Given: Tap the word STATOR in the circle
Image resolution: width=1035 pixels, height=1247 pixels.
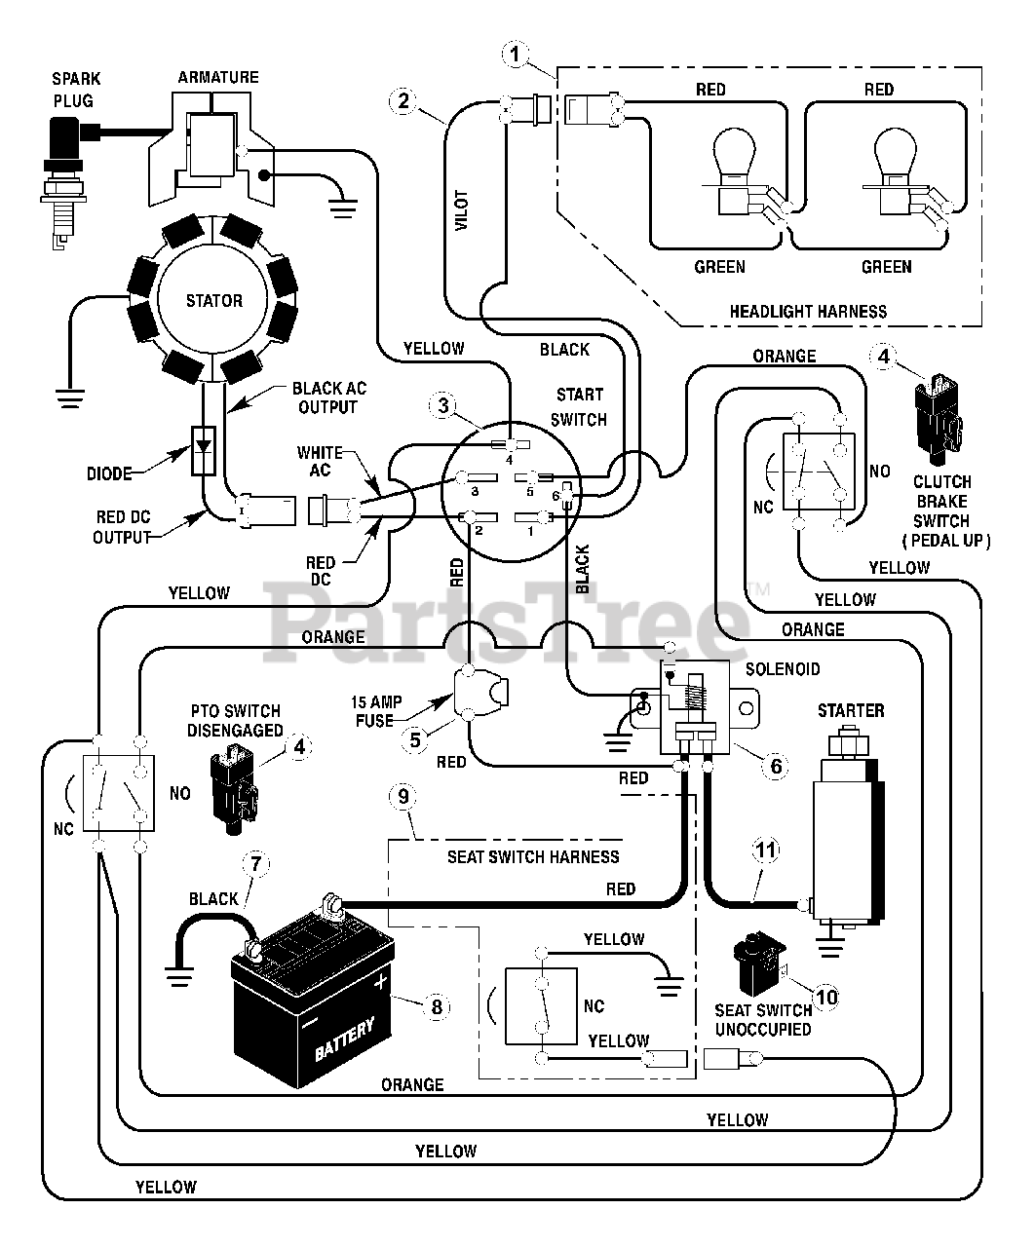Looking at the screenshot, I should [213, 300].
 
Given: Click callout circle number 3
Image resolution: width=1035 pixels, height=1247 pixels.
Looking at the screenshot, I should [443, 404].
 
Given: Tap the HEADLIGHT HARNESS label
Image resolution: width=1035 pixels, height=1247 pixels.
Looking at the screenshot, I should [808, 312].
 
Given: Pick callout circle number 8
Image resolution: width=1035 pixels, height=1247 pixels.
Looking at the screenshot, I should [436, 1005].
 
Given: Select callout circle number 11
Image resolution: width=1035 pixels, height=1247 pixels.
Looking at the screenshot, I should [766, 850].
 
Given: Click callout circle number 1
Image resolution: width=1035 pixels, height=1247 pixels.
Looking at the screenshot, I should [514, 54].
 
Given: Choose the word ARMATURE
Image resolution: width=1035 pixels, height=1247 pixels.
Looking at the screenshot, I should [218, 77].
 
